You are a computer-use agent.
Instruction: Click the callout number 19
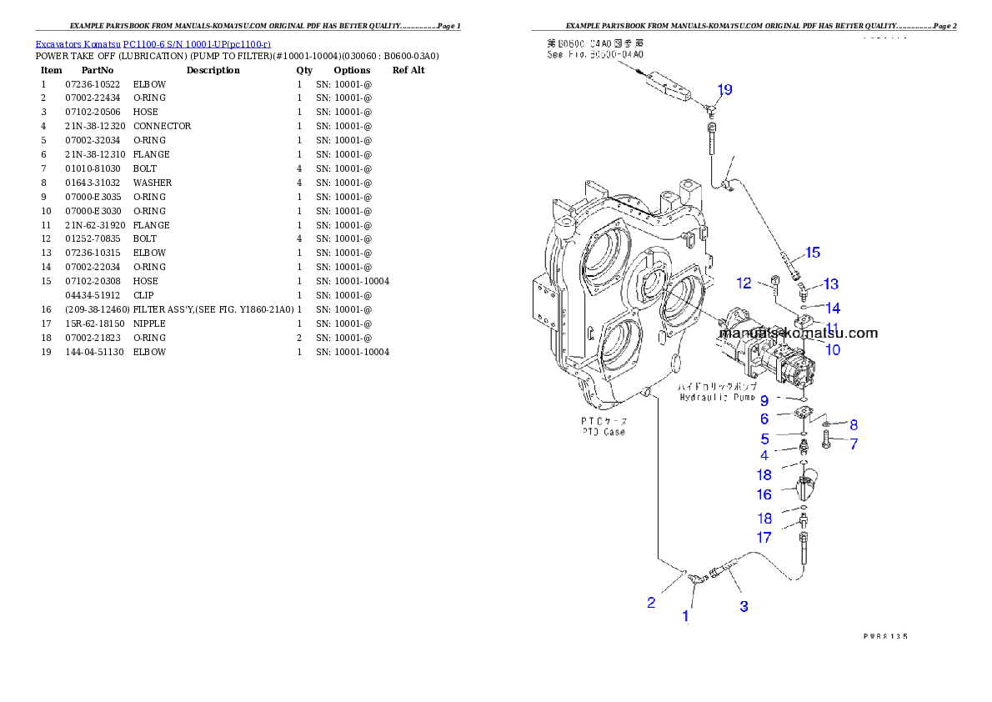[x=724, y=89]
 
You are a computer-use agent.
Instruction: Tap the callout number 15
[x=812, y=253]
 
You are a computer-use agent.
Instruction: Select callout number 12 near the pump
[x=744, y=283]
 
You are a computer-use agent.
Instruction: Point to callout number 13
[x=830, y=285]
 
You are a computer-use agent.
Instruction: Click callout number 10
[x=832, y=350]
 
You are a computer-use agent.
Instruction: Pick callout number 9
[x=764, y=401]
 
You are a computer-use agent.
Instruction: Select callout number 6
[x=764, y=419]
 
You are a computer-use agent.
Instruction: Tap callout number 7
[x=854, y=445]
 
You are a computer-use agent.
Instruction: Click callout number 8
[x=854, y=425]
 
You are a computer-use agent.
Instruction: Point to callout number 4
[x=764, y=456]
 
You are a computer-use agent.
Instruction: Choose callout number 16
[x=764, y=495]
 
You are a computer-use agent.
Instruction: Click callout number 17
[x=764, y=539]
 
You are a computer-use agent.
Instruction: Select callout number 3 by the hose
[x=744, y=607]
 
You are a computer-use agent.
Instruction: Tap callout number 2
[x=652, y=603]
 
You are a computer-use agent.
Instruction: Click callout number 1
[x=686, y=617]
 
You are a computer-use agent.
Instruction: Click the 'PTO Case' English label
[x=604, y=432]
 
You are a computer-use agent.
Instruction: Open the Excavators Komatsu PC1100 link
[x=153, y=43]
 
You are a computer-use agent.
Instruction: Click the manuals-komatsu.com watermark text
[x=798, y=333]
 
